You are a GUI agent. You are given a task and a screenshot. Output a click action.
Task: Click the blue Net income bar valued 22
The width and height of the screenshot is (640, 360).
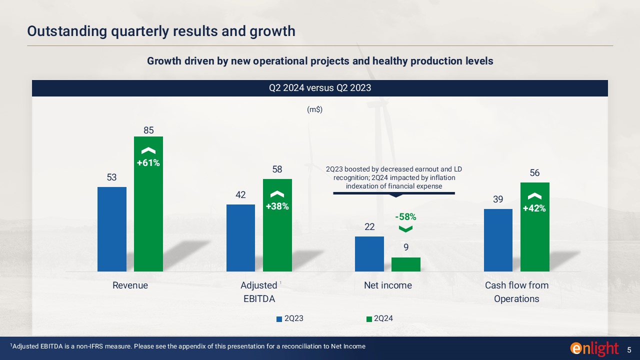(x=369, y=254)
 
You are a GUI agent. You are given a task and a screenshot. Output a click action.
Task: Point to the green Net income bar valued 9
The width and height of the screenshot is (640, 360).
(x=406, y=264)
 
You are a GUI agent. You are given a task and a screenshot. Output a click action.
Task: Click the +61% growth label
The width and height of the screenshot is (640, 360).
(x=148, y=162)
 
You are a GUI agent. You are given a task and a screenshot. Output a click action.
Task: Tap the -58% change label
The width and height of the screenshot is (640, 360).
(x=405, y=217)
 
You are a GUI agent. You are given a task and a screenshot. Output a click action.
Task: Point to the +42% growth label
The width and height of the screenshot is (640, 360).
(x=534, y=208)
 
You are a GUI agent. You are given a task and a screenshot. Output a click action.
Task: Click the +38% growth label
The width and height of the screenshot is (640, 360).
(x=277, y=206)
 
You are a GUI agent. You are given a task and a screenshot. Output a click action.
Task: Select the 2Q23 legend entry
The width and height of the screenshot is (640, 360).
(x=290, y=318)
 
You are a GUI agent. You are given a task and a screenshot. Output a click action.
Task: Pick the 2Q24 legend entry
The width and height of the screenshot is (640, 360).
(x=379, y=318)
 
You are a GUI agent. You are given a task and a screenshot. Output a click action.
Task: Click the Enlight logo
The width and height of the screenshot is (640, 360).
(x=594, y=348)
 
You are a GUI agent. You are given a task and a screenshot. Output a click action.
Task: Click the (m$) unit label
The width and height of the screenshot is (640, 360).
(x=314, y=110)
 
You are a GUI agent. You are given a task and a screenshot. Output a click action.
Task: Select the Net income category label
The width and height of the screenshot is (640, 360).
(x=388, y=285)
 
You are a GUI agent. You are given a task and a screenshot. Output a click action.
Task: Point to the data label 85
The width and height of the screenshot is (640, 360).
(x=148, y=130)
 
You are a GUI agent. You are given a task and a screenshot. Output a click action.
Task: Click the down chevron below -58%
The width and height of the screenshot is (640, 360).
(x=405, y=229)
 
